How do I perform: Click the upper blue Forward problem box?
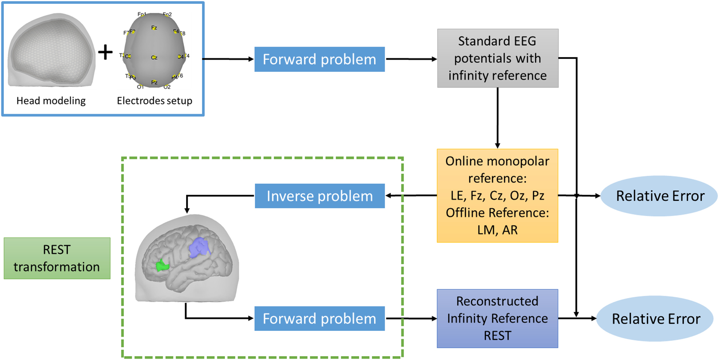click(320, 59)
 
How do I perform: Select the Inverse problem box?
click(320, 196)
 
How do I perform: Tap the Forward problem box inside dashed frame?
click(320, 318)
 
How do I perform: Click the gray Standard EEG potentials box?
click(498, 58)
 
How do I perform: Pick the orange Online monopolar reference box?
click(498, 196)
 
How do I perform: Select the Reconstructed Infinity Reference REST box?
click(498, 318)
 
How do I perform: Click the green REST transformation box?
click(57, 258)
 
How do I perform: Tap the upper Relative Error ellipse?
click(659, 196)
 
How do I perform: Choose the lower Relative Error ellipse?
click(655, 319)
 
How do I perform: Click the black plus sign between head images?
click(105, 52)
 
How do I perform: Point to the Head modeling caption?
click(51, 101)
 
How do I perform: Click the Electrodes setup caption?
click(154, 101)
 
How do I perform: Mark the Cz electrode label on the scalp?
click(154, 57)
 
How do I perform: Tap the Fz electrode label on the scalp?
click(154, 28)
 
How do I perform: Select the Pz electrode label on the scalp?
click(154, 82)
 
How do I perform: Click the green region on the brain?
click(162, 266)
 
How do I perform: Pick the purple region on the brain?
click(199, 247)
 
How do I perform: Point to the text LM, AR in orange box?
click(498, 230)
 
